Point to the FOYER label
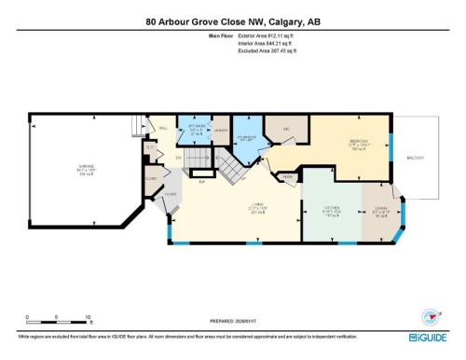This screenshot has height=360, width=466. [x=171, y=195]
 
